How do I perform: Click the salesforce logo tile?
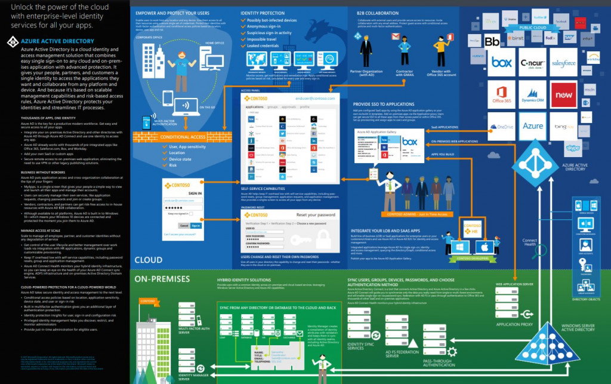tap(563, 62)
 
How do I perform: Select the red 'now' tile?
tap(563, 94)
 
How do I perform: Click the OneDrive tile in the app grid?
tap(502, 126)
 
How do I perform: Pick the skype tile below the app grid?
tap(573, 148)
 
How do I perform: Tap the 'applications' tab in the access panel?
tap(254, 106)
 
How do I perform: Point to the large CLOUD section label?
tap(149, 260)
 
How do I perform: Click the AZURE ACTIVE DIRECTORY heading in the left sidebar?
tap(57, 41)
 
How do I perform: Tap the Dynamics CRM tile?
tap(533, 94)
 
